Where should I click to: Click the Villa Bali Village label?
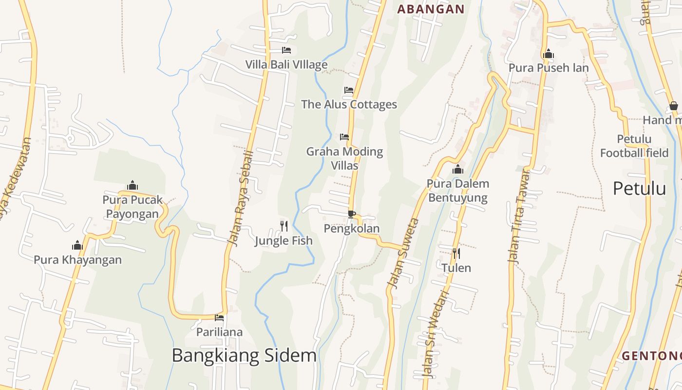click(x=286, y=64)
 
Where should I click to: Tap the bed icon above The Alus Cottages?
click(x=348, y=90)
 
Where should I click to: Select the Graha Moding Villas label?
click(x=344, y=158)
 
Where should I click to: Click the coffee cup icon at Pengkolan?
click(x=352, y=214)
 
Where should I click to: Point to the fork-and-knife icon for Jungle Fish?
click(x=284, y=226)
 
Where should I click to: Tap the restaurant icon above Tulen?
click(x=456, y=253)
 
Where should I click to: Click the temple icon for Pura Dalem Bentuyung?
click(x=457, y=170)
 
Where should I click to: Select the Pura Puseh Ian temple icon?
click(x=549, y=54)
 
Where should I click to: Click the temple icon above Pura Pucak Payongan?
click(x=132, y=185)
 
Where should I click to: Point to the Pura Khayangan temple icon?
click(x=77, y=245)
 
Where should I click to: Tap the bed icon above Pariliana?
click(x=219, y=318)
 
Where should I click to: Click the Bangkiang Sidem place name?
click(x=244, y=355)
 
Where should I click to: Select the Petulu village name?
click(x=639, y=188)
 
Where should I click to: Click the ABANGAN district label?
click(x=431, y=9)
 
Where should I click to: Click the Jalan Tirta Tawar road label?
click(x=518, y=216)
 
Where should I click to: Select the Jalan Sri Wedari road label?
click(x=435, y=334)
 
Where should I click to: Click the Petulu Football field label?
click(x=634, y=146)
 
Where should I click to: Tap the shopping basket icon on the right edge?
click(x=674, y=106)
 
